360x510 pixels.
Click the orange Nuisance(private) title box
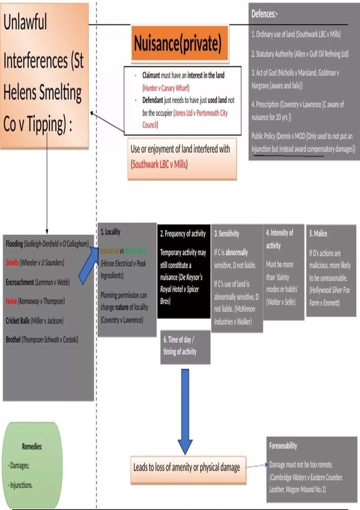179,43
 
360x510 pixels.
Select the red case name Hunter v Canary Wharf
166,88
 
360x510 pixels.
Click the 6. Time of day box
185,347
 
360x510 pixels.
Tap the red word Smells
12,262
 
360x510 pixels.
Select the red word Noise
11,301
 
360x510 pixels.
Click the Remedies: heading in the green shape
32,446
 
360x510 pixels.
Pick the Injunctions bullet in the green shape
21,485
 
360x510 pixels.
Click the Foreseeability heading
283,446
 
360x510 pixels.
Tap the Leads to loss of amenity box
188,467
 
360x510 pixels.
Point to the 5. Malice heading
318,233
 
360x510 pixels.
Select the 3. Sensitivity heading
226,233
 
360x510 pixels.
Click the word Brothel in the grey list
13,340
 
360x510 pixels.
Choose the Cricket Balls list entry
34,320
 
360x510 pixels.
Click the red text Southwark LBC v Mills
159,164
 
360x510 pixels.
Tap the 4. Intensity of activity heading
279,239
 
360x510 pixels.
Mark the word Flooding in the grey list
14,244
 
